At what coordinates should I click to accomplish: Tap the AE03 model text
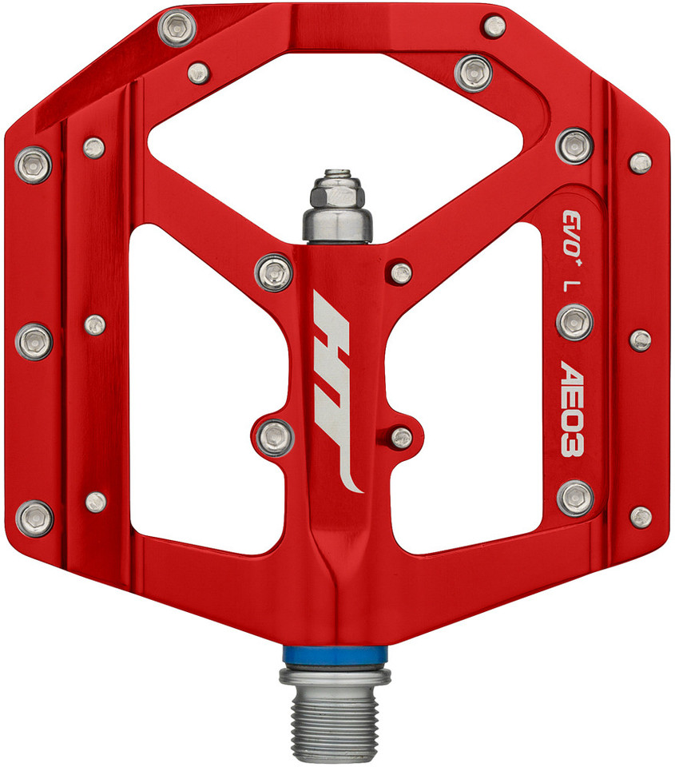coord(572,408)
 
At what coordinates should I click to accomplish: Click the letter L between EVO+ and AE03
coord(571,284)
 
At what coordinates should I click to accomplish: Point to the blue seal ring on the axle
coord(336,653)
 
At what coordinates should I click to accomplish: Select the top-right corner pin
coord(494,26)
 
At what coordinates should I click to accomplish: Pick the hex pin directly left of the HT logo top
coord(275,272)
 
